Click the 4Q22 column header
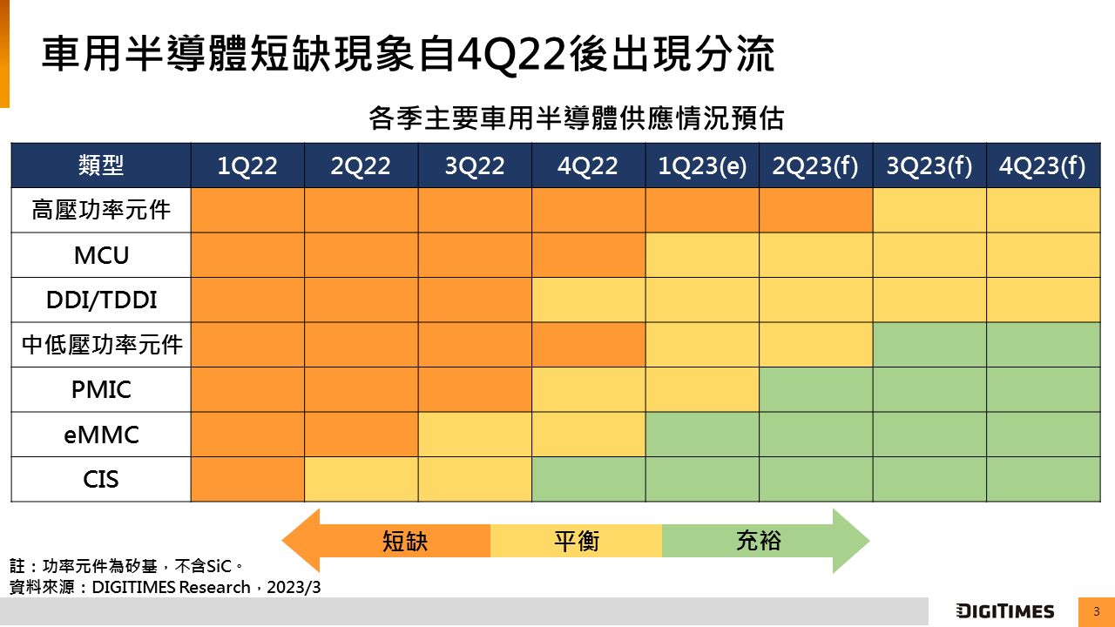588,166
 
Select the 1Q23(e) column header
702,166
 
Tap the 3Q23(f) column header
929,166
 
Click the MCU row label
101,256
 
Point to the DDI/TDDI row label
101,300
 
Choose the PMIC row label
101,389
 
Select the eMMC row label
101,435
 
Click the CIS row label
101,479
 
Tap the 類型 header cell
101,165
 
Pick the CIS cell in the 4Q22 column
588,479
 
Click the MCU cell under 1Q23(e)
702,255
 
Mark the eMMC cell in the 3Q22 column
475,435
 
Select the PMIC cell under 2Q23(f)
815,389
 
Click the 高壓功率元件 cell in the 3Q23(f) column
929,211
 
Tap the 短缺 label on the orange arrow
405,542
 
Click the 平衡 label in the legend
577,542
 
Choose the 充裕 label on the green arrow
759,542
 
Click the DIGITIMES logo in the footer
1004,611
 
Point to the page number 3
1097,611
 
